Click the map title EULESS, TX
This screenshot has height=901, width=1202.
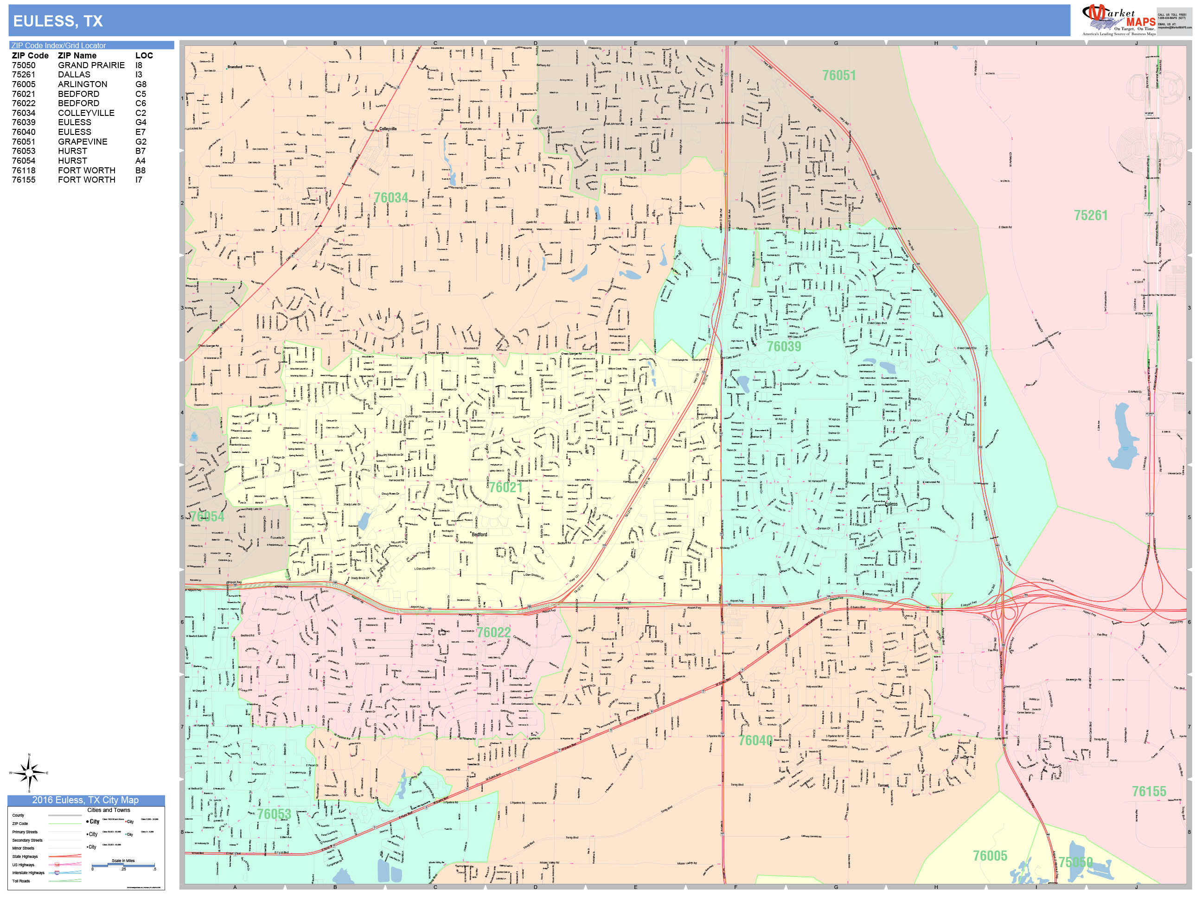coord(58,21)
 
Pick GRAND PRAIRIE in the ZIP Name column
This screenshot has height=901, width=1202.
coord(91,65)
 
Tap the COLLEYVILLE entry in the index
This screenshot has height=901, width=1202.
coord(86,113)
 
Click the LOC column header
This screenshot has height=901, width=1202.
coord(144,56)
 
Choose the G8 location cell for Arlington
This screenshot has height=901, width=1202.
coord(141,84)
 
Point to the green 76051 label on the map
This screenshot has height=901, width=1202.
coord(838,76)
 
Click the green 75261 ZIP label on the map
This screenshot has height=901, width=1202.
coord(1090,216)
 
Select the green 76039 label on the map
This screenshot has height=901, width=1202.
coord(784,347)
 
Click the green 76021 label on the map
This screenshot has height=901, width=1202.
coord(505,487)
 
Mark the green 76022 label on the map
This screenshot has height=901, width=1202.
coord(493,632)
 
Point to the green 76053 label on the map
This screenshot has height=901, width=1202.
coord(274,814)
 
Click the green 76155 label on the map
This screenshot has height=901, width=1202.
coord(1149,791)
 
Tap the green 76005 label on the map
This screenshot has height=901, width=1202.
coord(990,856)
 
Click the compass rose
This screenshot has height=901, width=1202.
coord(29,772)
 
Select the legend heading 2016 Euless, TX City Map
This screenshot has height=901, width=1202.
coord(85,800)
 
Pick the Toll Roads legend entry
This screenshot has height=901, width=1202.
coord(21,881)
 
